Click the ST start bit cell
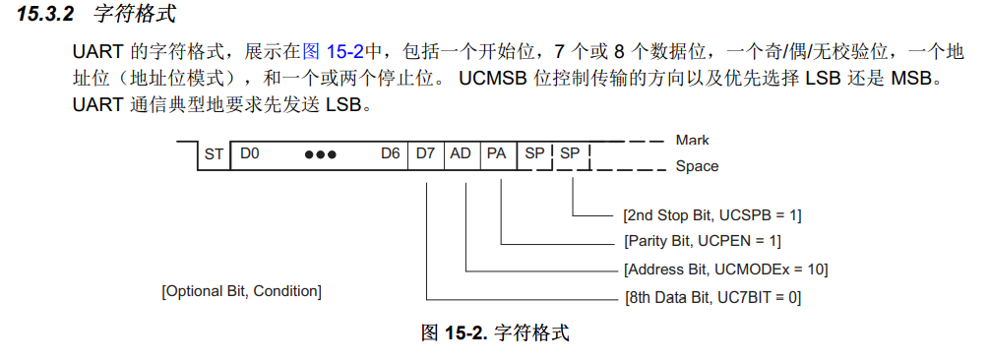tap(214, 154)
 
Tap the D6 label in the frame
tap(391, 154)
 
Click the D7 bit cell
tap(426, 154)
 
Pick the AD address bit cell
tap(461, 154)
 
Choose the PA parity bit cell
tap(496, 154)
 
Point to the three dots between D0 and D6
tap(320, 155)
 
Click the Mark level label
tap(692, 141)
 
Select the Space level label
tap(696, 166)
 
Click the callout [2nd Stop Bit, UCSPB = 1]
tap(712, 214)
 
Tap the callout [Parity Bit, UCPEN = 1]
tap(702, 241)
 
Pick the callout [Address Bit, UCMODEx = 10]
tap(725, 269)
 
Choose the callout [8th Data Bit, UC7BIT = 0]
tap(712, 296)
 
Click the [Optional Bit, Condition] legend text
tap(241, 291)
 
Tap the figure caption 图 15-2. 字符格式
tap(495, 332)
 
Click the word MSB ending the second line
tap(917, 77)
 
